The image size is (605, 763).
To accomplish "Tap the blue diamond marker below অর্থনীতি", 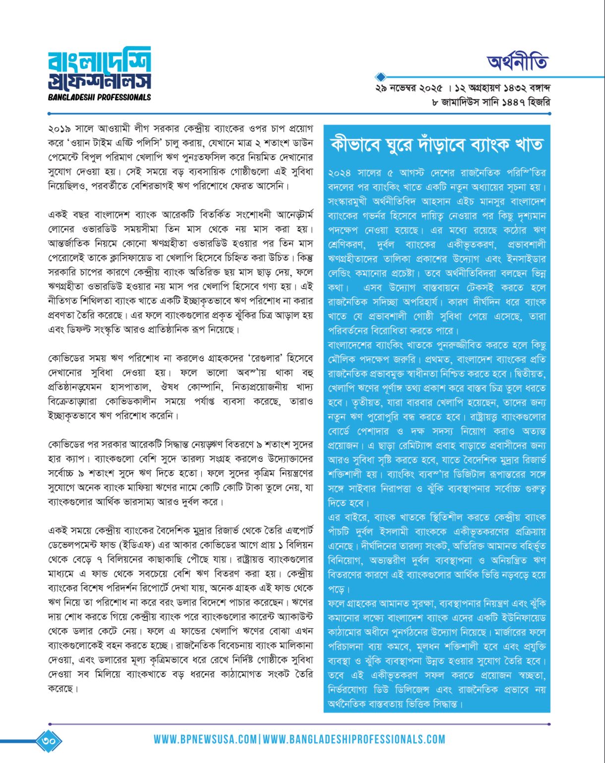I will [381, 77].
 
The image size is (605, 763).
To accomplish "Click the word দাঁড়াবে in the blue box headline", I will [430, 145].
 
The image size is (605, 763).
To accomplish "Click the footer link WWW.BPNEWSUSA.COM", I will [205, 740].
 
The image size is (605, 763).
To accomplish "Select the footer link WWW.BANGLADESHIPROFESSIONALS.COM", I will [354, 740].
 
